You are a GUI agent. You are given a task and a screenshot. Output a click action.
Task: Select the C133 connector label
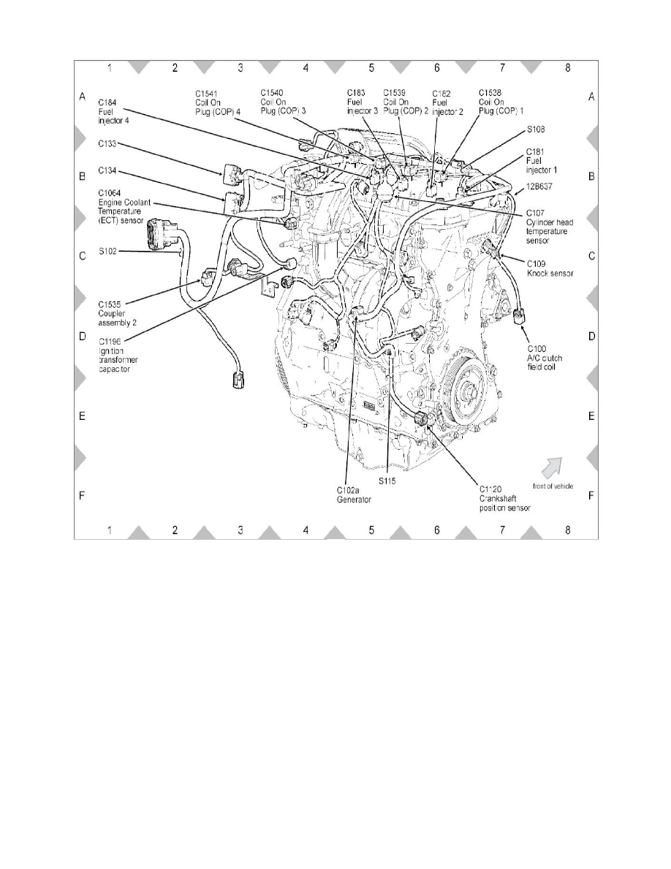pos(109,145)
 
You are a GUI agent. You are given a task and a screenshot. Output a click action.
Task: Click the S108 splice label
pos(537,129)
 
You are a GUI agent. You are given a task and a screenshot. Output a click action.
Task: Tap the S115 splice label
pos(388,481)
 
